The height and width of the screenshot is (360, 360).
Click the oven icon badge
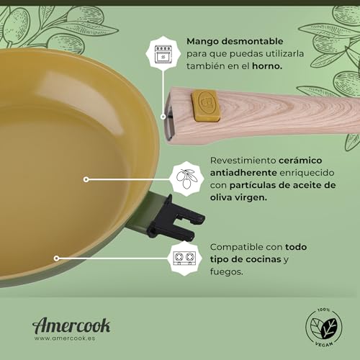click(163, 53)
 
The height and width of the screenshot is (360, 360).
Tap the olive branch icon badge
click(186, 179)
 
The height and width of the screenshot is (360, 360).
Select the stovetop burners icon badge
click(184, 258)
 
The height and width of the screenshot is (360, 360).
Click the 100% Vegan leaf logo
click(324, 327)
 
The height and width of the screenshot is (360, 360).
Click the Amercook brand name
click(71, 325)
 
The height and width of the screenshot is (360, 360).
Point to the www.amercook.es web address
click(65, 338)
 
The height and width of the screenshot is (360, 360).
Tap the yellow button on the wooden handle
click(206, 105)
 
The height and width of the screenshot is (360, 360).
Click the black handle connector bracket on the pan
click(176, 218)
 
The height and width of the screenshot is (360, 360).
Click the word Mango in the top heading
click(202, 42)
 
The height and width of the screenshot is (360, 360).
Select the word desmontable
click(252, 41)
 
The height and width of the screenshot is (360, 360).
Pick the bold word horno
click(267, 66)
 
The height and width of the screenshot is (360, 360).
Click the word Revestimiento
click(243, 161)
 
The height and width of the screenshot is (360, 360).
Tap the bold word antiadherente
click(243, 173)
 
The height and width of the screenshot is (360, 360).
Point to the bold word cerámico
click(300, 161)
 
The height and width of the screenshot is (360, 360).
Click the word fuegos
click(227, 272)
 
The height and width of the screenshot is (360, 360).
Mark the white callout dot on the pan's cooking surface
click(86, 179)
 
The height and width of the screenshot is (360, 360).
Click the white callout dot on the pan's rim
click(56, 258)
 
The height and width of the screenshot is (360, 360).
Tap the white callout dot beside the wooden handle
click(163, 117)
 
